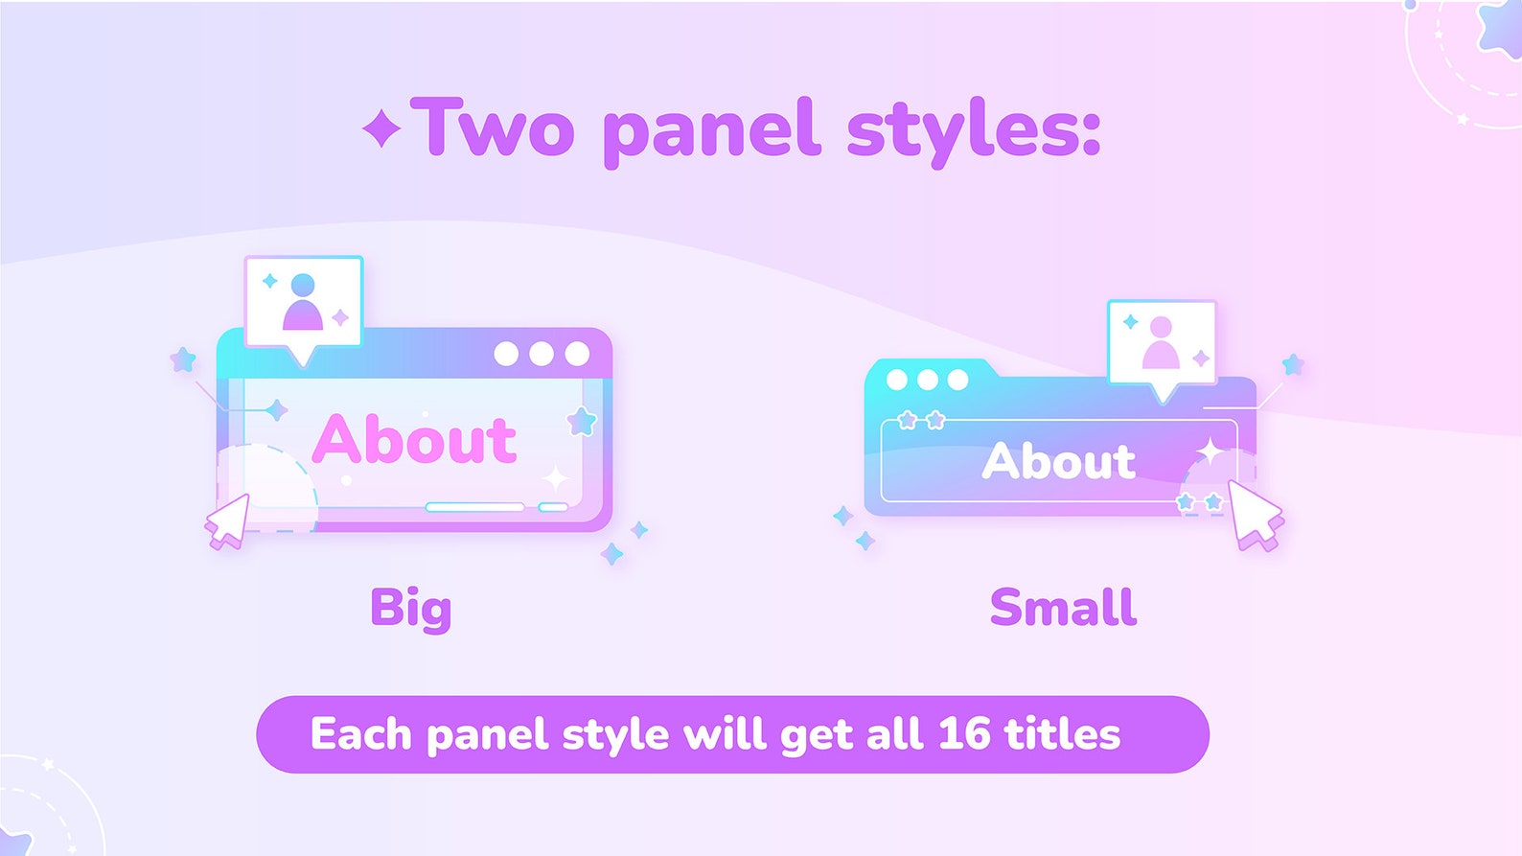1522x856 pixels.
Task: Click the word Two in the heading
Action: [494, 127]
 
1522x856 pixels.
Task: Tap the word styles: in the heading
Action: [973, 129]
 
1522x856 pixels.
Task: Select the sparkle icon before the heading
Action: [381, 128]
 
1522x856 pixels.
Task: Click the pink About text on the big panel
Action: [414, 440]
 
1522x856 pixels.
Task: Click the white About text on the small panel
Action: [1058, 461]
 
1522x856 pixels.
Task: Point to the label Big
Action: [410, 609]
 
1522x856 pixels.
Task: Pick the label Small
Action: [1063, 608]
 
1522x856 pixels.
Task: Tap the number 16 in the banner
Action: [963, 734]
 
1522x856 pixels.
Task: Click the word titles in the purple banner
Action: [1062, 734]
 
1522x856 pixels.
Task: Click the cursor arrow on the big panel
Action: [228, 521]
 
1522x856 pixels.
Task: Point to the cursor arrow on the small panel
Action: [1255, 514]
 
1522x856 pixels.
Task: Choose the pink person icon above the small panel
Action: [1161, 343]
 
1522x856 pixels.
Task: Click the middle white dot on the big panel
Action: [542, 354]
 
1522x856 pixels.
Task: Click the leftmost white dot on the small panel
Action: [896, 380]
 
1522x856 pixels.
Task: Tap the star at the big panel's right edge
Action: [582, 421]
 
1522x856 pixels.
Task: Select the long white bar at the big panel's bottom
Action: [474, 506]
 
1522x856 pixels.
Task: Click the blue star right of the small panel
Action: [1293, 364]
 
